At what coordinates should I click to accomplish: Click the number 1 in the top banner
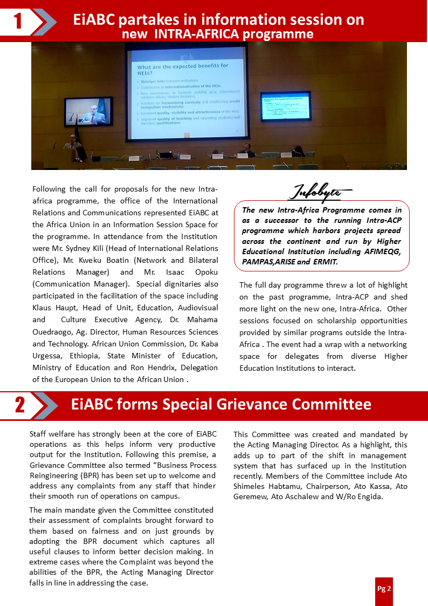(x=18, y=21)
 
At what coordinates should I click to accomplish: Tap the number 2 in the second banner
(x=20, y=405)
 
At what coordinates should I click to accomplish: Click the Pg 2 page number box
(x=384, y=589)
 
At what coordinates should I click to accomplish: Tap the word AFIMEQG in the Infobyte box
(x=377, y=252)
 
